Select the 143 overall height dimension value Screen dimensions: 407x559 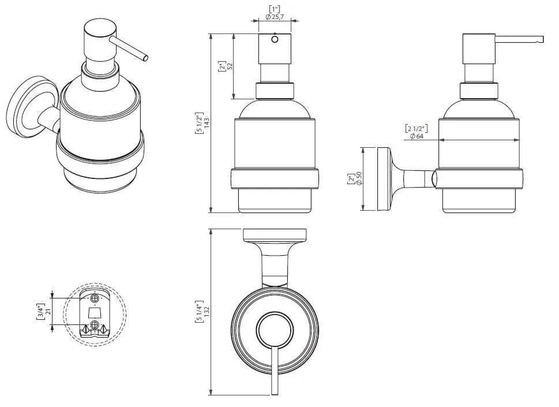[x=207, y=124]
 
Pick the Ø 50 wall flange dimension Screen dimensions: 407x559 [x=358, y=179]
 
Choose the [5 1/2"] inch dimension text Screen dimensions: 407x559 [x=199, y=124]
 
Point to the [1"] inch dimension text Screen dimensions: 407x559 [x=274, y=8]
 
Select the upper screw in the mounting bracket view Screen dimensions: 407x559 [x=93, y=299]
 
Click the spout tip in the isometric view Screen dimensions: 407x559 [x=147, y=57]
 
